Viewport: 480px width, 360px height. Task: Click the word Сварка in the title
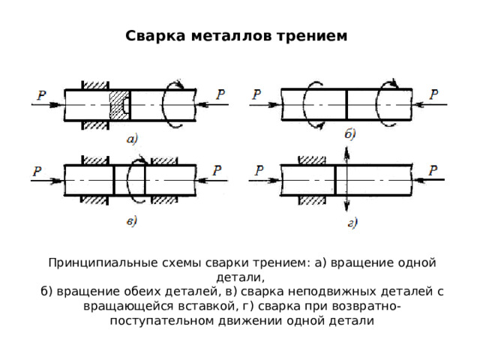155,36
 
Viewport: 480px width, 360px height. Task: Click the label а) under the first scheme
132,139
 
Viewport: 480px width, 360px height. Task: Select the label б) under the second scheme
350,134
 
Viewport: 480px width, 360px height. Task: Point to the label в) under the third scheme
132,221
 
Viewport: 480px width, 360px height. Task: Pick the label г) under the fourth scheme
352,223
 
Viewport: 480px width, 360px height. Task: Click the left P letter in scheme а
41,95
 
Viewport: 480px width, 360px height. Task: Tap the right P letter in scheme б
433,94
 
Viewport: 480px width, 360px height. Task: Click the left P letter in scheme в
37,171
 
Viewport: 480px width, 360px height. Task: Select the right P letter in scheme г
433,170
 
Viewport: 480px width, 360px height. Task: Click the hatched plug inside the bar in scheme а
120,105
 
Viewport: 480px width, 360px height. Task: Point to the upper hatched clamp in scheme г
312,160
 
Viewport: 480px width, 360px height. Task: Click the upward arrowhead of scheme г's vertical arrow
346,152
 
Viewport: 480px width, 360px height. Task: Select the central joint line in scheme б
346,105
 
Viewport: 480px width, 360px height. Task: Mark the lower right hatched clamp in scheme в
165,200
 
